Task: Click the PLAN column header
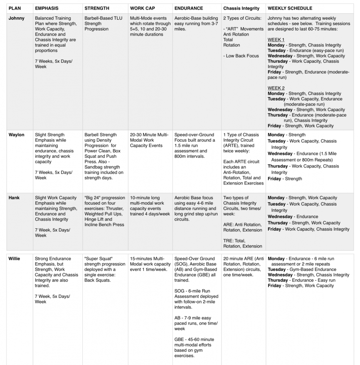tap(15, 8)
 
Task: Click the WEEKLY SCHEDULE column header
tap(290, 8)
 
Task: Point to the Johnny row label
tap(16, 18)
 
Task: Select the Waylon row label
tap(16, 135)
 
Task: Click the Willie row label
tap(15, 259)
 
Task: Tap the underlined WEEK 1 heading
tap(276, 40)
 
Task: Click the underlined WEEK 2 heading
tap(276, 88)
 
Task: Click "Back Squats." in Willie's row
tap(97, 280)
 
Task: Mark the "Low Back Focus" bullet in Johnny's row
tap(242, 56)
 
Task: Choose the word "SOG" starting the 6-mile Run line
tap(179, 291)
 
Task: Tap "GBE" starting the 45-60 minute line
tap(179, 339)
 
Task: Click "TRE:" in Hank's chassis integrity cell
tap(229, 241)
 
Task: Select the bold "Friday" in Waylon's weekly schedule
tap(274, 179)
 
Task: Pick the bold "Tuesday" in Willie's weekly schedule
tap(277, 269)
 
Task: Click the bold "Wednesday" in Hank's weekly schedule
tap(280, 216)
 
